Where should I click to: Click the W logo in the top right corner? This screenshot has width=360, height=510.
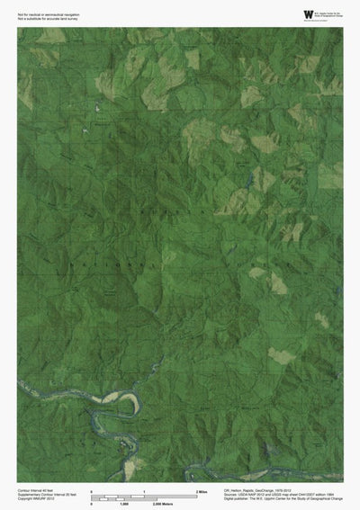[309, 14]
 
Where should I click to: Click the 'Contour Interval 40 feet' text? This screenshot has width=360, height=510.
[36, 488]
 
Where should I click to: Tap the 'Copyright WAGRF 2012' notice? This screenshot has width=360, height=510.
[35, 498]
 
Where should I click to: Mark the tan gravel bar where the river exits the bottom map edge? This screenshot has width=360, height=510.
[134, 467]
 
